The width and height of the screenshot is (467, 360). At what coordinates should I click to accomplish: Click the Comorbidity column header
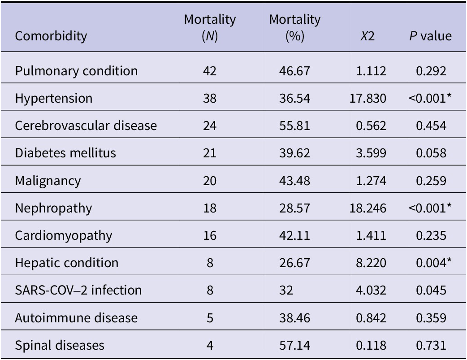pos(51,36)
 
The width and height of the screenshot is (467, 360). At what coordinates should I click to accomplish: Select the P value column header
pos(430,36)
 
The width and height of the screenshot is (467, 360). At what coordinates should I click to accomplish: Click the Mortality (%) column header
pos(294,28)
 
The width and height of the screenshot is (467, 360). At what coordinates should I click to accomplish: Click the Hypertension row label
pos(53,98)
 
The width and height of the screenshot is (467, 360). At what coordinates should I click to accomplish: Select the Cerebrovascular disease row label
pos(86,126)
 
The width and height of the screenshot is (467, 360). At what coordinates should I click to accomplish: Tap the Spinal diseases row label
pos(59,345)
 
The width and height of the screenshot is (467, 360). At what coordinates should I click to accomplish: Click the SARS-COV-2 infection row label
pos(78,291)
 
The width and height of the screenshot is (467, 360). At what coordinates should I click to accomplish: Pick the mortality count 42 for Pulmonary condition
pos(210,71)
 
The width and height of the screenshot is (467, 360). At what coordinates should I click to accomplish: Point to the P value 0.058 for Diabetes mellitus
pos(431,153)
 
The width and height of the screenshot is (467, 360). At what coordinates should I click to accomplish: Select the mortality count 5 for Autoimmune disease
pos(210,318)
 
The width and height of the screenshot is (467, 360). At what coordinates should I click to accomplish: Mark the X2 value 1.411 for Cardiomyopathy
pos(372,235)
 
